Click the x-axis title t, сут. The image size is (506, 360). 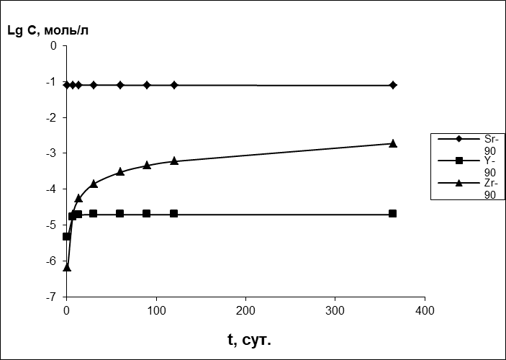point(250,339)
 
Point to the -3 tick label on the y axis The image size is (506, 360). point(52,153)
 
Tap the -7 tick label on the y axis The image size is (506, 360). point(52,297)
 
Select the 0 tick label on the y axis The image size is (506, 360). point(53,45)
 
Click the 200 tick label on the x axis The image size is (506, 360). point(245,310)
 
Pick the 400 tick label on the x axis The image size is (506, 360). point(425,310)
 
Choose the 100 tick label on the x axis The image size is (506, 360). point(156,310)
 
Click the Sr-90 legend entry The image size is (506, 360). point(468,143)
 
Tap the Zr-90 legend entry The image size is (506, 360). point(468,189)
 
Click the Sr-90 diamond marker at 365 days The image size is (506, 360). point(393,85)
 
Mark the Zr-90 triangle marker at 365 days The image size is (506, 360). point(393,143)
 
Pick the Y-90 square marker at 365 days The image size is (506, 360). point(393,214)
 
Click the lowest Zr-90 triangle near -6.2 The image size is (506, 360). point(67,267)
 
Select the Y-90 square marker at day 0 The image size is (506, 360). point(67,236)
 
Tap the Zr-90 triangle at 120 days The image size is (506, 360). point(174,161)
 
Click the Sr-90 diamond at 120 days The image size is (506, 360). point(174,85)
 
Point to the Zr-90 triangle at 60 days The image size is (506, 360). point(120,171)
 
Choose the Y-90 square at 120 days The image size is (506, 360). point(174,214)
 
